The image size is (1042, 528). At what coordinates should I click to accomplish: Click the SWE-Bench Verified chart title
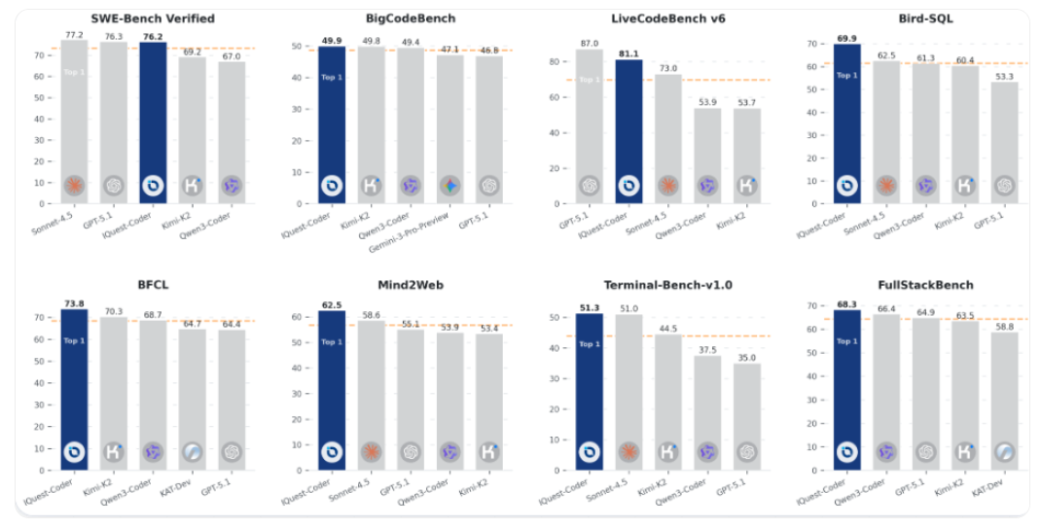[x=152, y=19]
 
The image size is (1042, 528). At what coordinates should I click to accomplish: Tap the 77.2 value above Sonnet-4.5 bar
[x=74, y=34]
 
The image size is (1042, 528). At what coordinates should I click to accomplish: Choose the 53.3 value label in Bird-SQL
[x=1004, y=76]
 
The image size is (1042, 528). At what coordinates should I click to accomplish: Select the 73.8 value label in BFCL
[x=74, y=304]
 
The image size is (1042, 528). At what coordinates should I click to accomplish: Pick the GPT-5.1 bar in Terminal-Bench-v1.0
[x=746, y=418]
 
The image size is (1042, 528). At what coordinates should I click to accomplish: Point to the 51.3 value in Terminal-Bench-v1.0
[x=589, y=309]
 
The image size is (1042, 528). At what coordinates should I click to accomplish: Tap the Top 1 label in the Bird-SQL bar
[x=847, y=76]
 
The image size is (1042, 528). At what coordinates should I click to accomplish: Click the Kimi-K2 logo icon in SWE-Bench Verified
[x=192, y=185]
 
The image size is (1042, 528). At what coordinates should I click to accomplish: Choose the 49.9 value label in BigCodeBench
[x=332, y=41]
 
